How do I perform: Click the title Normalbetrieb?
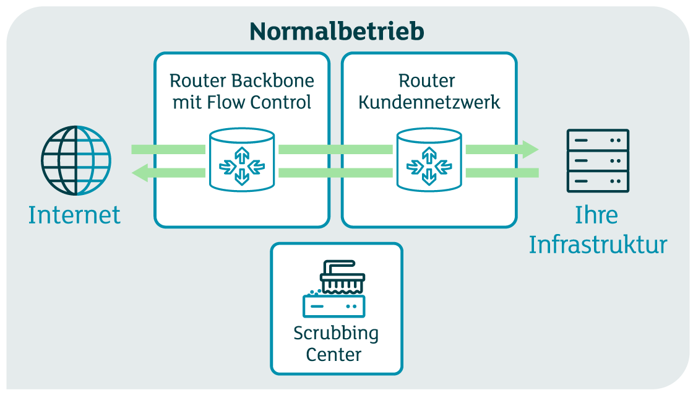(337, 31)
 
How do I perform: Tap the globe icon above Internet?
(76, 161)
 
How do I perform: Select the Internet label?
(74, 215)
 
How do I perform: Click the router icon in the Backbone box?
(241, 160)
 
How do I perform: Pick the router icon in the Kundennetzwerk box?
(429, 160)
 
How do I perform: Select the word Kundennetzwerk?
(429, 102)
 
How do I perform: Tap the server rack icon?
(598, 161)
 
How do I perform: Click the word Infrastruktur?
(598, 245)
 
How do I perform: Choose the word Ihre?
(596, 215)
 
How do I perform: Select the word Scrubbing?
(336, 334)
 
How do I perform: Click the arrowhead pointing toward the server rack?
(530, 149)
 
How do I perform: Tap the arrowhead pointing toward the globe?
(140, 173)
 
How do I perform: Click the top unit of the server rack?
(598, 141)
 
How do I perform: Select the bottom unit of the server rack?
(598, 181)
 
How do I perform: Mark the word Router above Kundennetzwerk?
(427, 81)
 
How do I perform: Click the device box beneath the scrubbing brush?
(334, 306)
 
